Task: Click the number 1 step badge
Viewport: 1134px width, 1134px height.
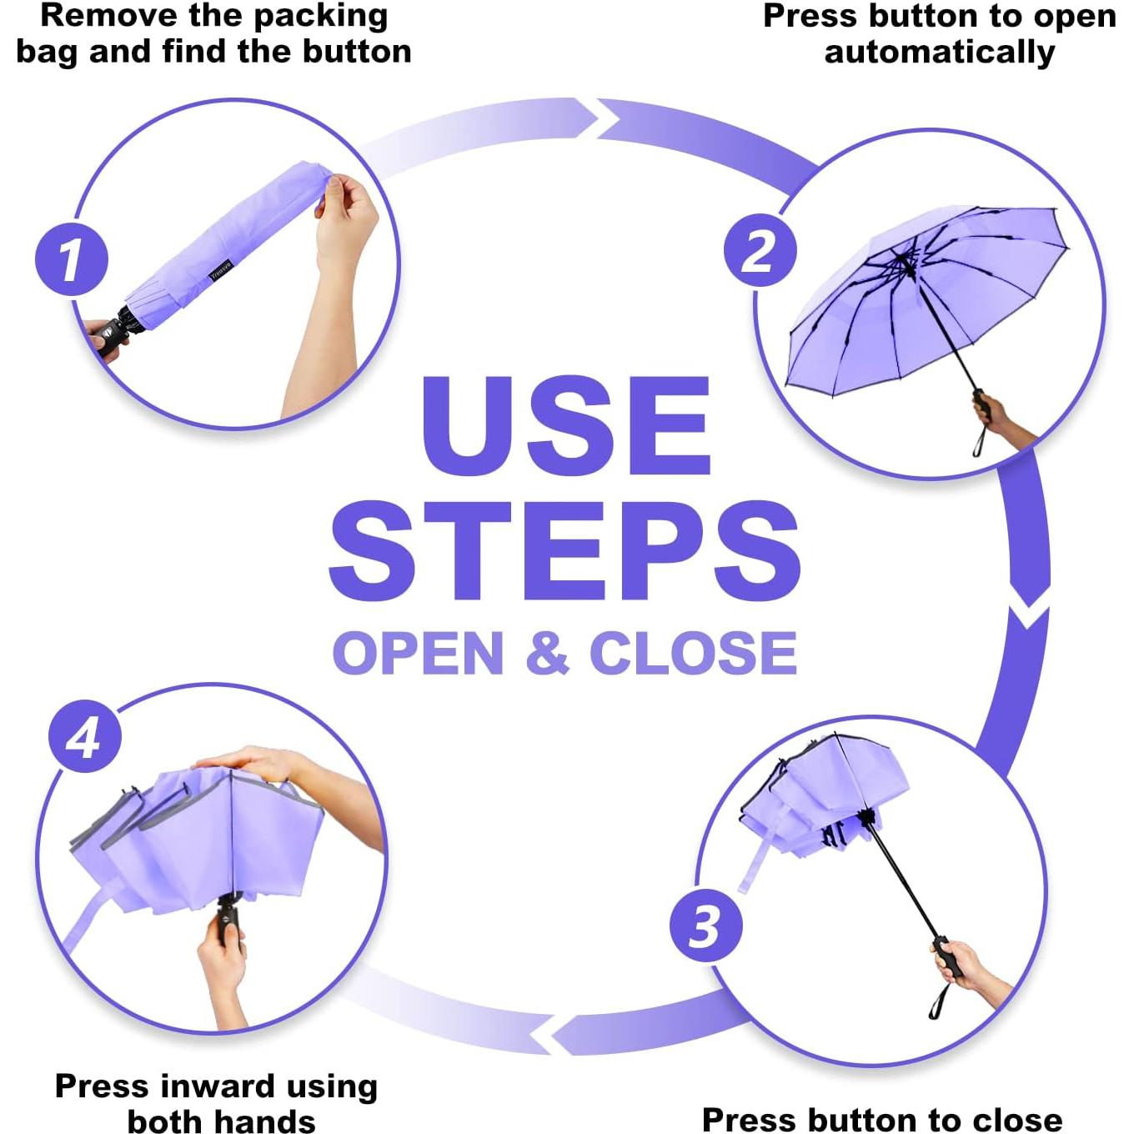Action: pyautogui.click(x=71, y=259)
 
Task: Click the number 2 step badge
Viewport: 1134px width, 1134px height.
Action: pyautogui.click(x=760, y=250)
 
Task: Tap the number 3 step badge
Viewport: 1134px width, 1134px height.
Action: pyautogui.click(x=705, y=926)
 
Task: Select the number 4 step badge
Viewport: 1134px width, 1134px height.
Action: pyautogui.click(x=85, y=736)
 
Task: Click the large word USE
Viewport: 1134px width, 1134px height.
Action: pyautogui.click(x=566, y=425)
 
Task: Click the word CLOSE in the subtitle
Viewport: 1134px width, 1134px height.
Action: pyautogui.click(x=693, y=653)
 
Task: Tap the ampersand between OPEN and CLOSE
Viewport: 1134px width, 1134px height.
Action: pyautogui.click(x=547, y=653)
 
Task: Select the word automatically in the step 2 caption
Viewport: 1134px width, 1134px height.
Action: pyautogui.click(x=939, y=53)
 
